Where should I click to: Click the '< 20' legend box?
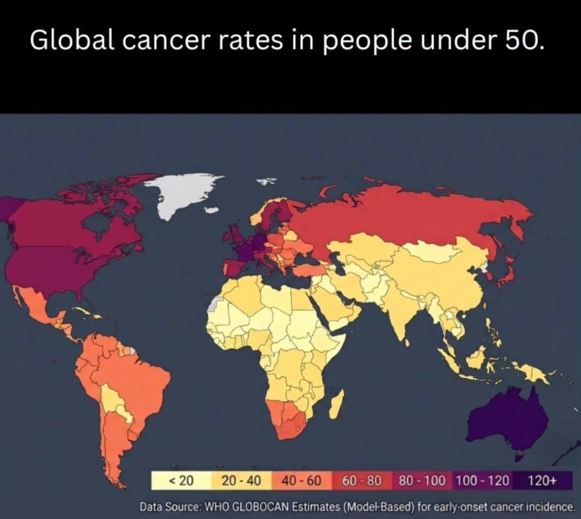pyautogui.click(x=181, y=480)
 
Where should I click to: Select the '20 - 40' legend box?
pyautogui.click(x=242, y=480)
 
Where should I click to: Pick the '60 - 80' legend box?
pyautogui.click(x=362, y=480)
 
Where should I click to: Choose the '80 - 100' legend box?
pyautogui.click(x=422, y=480)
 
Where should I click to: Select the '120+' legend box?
pyautogui.click(x=542, y=480)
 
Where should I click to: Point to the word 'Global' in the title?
pyautogui.click(x=72, y=39)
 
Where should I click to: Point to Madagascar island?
pyautogui.click(x=337, y=404)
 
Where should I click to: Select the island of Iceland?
pyautogui.click(x=211, y=210)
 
